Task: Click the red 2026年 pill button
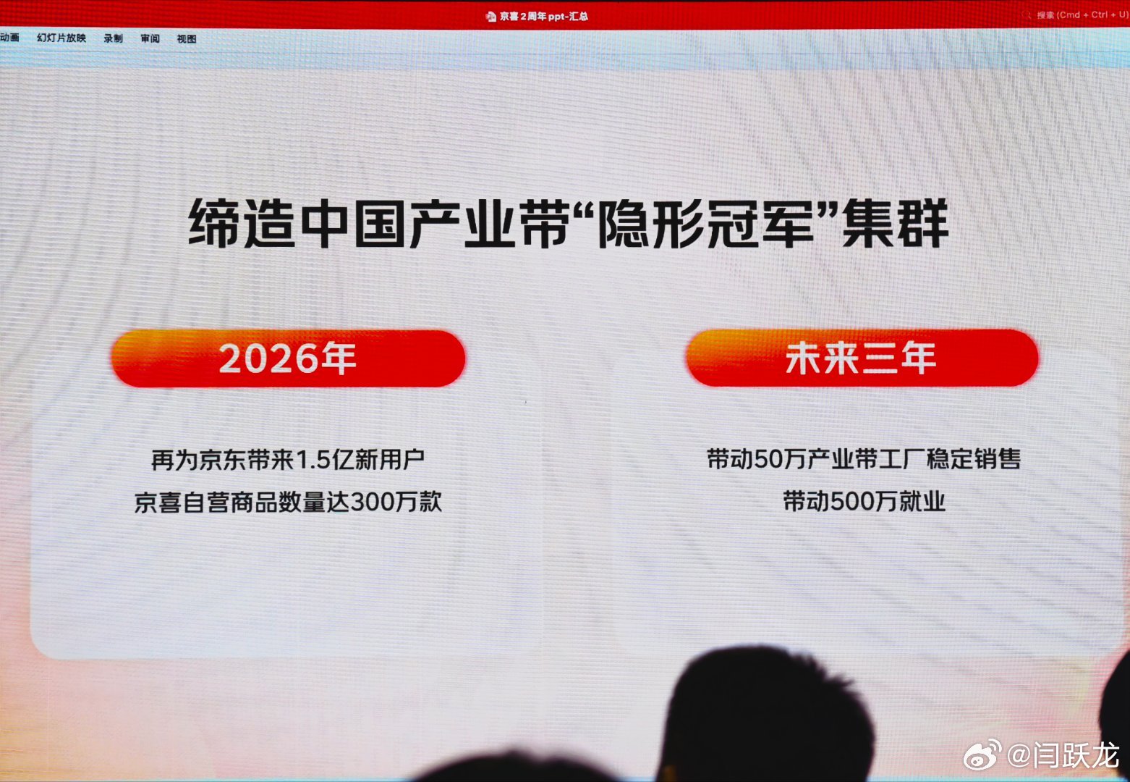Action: (x=288, y=358)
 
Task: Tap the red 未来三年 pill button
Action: (x=862, y=358)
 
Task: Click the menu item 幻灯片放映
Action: (x=61, y=38)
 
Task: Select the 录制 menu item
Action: (x=113, y=38)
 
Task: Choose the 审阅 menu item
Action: (x=150, y=38)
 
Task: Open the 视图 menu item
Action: (x=186, y=39)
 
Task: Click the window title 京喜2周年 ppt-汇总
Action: (x=543, y=16)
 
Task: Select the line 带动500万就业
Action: (x=864, y=501)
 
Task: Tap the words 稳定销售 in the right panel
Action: (x=974, y=459)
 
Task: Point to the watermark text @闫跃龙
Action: (x=1063, y=755)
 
